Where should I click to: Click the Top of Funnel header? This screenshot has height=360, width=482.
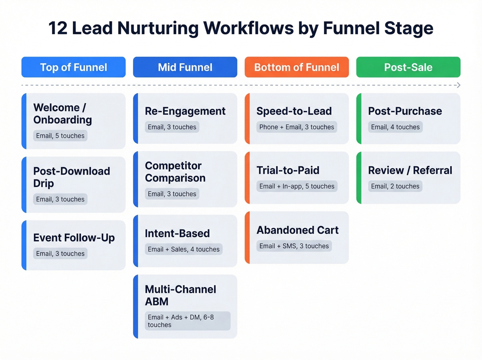pyautogui.click(x=73, y=67)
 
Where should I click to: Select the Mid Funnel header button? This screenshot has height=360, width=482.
pyautogui.click(x=185, y=67)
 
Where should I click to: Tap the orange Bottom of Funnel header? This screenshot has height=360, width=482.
pyautogui.click(x=296, y=67)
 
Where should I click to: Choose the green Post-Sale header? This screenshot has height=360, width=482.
pyautogui.click(x=408, y=67)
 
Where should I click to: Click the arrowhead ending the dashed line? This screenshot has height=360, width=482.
pyautogui.click(x=458, y=85)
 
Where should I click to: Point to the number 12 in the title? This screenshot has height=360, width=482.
pyautogui.click(x=58, y=28)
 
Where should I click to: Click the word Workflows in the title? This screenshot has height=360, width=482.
pyautogui.click(x=248, y=28)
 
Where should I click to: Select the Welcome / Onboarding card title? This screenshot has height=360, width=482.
pyautogui.click(x=63, y=114)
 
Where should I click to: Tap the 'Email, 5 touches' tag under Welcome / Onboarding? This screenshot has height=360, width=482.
pyautogui.click(x=60, y=136)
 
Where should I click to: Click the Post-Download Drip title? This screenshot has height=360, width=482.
pyautogui.click(x=72, y=177)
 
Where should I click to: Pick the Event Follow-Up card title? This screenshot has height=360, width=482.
pyautogui.click(x=74, y=238)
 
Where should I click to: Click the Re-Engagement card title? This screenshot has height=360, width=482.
pyautogui.click(x=185, y=111)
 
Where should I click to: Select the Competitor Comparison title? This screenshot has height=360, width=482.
pyautogui.click(x=175, y=172)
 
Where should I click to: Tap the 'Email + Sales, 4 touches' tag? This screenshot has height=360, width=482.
pyautogui.click(x=184, y=249)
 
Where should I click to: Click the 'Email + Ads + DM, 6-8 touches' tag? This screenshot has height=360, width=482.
pyautogui.click(x=187, y=321)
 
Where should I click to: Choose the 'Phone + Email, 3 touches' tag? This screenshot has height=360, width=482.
pyautogui.click(x=296, y=127)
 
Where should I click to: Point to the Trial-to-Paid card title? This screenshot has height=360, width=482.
pyautogui.click(x=288, y=170)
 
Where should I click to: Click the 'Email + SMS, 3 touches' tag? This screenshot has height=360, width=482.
pyautogui.click(x=294, y=246)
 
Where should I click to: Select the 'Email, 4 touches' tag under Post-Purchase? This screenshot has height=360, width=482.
pyautogui.click(x=395, y=127)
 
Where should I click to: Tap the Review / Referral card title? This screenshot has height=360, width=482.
pyautogui.click(x=410, y=170)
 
